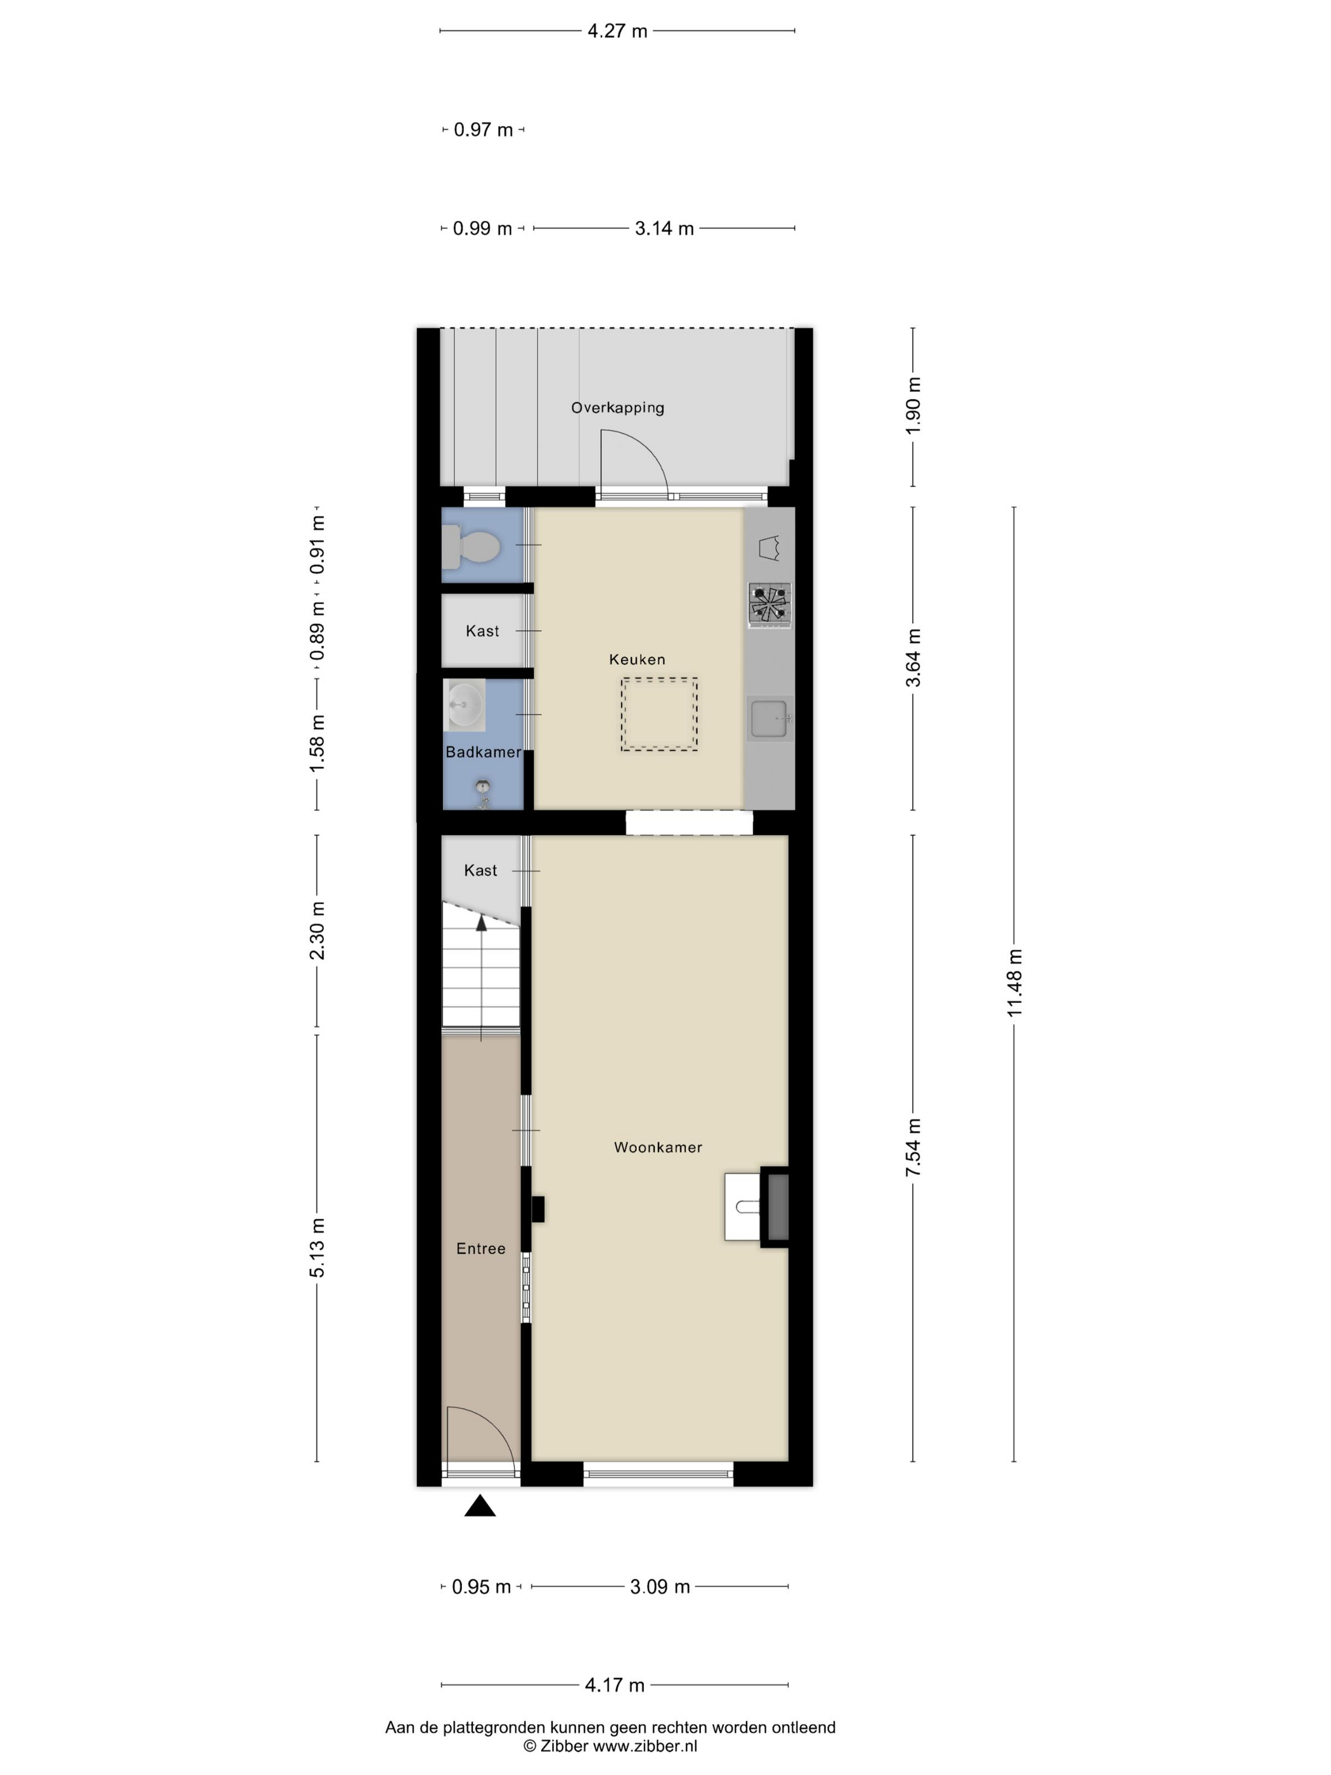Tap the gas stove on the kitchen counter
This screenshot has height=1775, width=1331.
(x=769, y=604)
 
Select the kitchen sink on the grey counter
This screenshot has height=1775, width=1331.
(x=769, y=718)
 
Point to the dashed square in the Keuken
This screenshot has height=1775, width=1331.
(x=659, y=714)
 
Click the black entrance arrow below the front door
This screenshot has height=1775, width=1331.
(x=480, y=1506)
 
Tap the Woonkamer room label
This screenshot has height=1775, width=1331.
(x=658, y=1147)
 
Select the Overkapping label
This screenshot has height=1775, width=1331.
(x=618, y=408)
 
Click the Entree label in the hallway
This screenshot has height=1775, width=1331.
(x=480, y=1249)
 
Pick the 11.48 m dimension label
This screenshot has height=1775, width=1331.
(x=1015, y=983)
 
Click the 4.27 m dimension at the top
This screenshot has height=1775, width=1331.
(x=617, y=31)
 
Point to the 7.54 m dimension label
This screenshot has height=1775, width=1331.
(x=913, y=1147)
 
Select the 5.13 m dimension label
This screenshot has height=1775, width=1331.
(x=318, y=1248)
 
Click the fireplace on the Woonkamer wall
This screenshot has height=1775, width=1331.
(x=757, y=1207)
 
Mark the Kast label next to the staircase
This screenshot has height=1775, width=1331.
(x=480, y=870)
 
